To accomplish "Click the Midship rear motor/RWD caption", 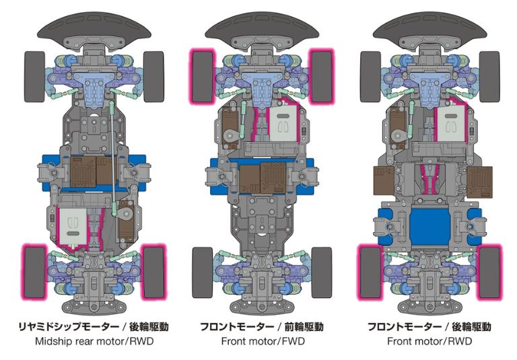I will (94, 341).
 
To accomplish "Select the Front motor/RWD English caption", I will (429, 341).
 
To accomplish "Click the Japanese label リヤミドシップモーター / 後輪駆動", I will (94, 327).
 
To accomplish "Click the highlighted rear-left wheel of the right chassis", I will (370, 272).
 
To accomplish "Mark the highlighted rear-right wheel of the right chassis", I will (490, 272).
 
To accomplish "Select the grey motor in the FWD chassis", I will (285, 131).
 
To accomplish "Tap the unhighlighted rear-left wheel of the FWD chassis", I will (203, 272).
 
